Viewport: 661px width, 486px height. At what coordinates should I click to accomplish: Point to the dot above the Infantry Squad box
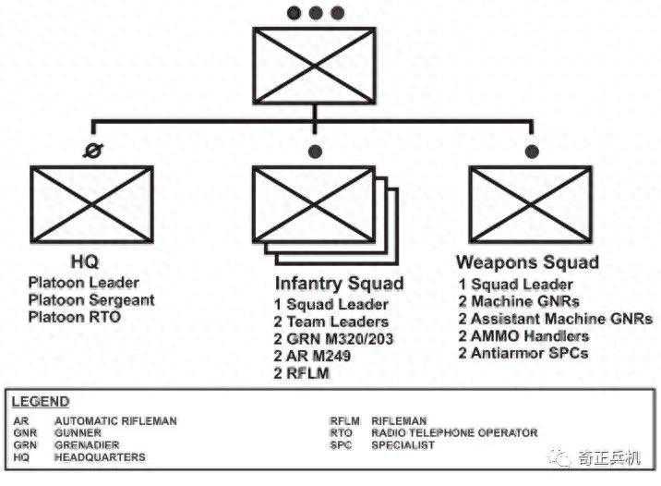(316, 151)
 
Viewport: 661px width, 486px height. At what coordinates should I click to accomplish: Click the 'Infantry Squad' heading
(339, 283)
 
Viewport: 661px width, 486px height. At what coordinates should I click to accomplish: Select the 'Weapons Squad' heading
(528, 262)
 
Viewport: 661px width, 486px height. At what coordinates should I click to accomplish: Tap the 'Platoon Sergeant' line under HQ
(91, 299)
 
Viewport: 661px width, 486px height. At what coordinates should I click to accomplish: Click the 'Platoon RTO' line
(75, 317)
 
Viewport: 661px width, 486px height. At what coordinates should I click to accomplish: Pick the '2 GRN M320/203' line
(332, 338)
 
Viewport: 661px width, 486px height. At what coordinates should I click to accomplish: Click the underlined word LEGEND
(40, 402)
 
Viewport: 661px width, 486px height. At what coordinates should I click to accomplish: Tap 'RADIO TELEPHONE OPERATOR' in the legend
(454, 432)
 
